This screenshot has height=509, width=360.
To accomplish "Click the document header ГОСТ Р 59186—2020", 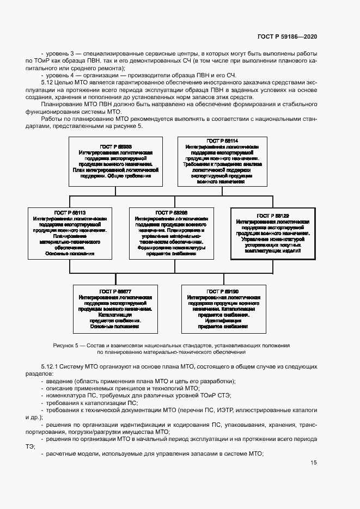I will [286, 37].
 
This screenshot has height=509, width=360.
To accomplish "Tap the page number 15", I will [314, 463].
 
